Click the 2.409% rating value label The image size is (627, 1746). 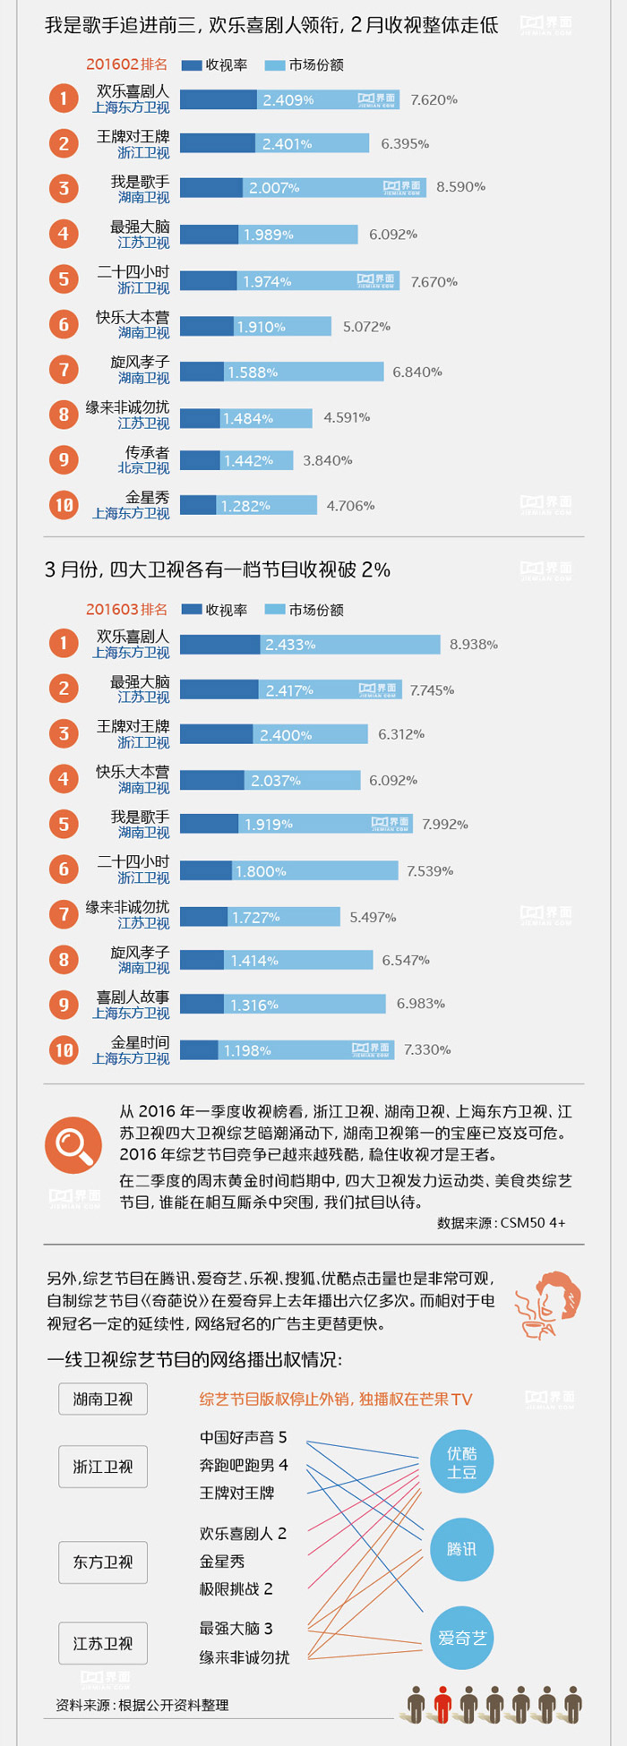coord(288,100)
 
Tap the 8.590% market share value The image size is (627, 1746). coord(460,187)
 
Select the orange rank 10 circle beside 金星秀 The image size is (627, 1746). coord(64,505)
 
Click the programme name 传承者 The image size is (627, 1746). coord(147,452)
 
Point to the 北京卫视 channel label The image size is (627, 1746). coord(143,468)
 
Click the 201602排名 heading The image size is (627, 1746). coord(126,64)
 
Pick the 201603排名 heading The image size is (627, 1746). coord(126,610)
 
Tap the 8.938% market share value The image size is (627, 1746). coord(473,645)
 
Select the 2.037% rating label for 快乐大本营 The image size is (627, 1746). coord(276,781)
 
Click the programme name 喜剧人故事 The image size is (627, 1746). coord(133,997)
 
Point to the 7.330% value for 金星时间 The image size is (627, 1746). coord(427,1049)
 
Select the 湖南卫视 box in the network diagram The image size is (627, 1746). coord(103,1399)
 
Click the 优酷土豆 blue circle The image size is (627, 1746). coord(462,1463)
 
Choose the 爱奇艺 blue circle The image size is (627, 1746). coord(462,1639)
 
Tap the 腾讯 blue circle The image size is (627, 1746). coord(462,1549)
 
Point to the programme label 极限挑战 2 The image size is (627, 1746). coord(236,1589)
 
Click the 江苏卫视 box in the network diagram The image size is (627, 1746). coord(103,1644)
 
